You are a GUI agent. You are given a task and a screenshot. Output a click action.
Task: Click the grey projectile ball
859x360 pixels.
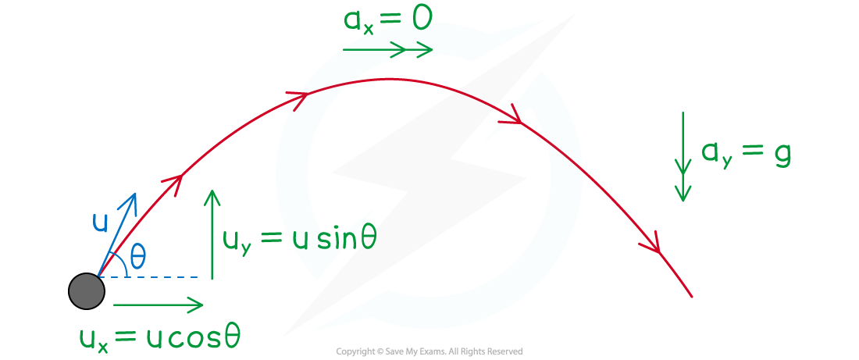(87, 291)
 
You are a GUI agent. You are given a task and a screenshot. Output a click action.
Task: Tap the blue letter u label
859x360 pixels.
(100, 223)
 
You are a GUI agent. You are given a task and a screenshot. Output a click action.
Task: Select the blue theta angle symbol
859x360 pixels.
(137, 257)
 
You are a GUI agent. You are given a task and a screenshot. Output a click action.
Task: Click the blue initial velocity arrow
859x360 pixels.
(116, 234)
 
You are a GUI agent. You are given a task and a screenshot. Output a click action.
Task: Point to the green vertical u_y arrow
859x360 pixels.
(212, 234)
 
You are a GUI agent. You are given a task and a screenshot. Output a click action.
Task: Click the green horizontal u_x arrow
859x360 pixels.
(158, 304)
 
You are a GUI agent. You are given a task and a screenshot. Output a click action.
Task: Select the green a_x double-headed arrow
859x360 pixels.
(388, 49)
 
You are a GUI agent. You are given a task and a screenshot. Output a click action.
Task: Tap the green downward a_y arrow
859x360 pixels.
(683, 157)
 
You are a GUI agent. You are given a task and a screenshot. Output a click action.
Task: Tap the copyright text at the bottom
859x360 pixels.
(429, 351)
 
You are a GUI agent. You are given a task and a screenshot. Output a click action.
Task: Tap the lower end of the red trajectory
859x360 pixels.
(692, 297)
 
